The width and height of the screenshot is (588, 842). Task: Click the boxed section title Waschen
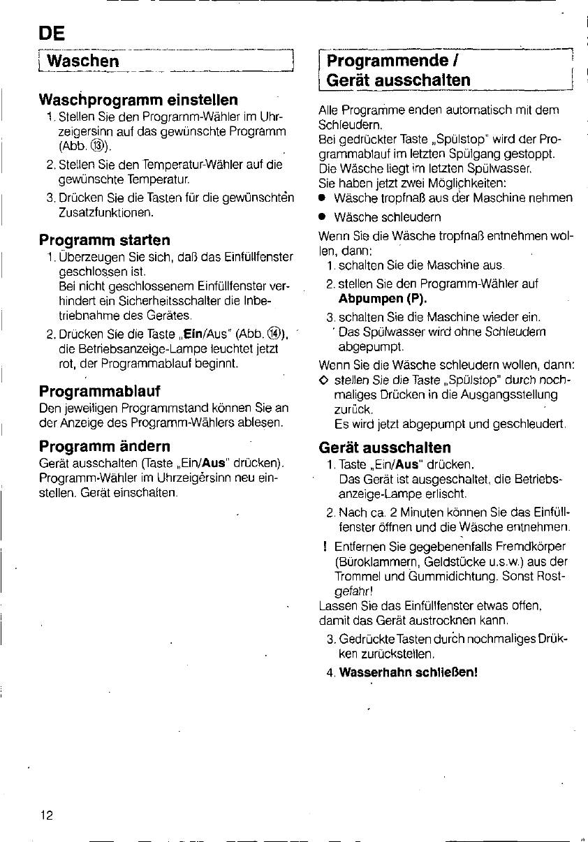coord(78,61)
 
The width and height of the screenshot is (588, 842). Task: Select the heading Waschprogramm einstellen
coord(138,99)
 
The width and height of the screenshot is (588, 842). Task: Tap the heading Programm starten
coord(104,240)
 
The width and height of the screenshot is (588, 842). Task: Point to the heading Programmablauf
coord(100,390)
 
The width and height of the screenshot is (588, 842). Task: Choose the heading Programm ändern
coord(105,445)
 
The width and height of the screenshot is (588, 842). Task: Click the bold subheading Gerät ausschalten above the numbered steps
coord(384,447)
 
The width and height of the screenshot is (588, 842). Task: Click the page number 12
coord(47,814)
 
